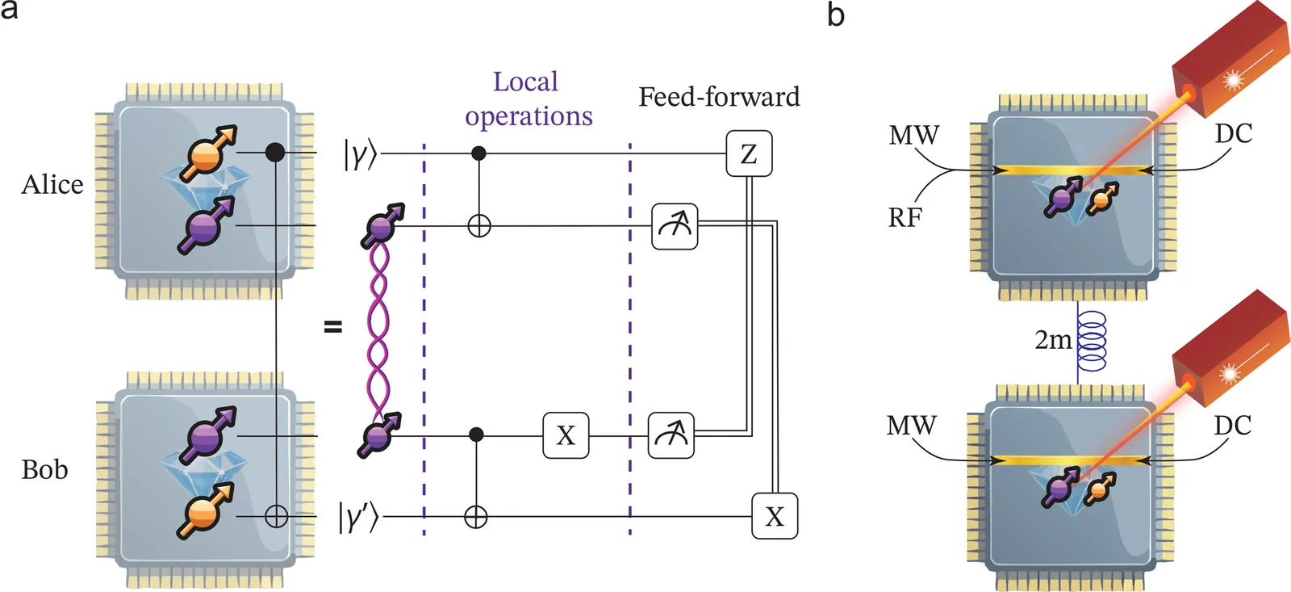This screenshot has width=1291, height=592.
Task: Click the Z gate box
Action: tap(749, 153)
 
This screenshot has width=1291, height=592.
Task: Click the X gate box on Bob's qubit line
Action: tap(566, 435)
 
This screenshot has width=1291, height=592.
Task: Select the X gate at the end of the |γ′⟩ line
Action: tap(775, 516)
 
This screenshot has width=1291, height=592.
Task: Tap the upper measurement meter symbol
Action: tap(675, 226)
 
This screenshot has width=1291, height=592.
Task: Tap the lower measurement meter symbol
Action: tap(671, 435)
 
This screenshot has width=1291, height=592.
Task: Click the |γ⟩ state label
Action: tap(360, 153)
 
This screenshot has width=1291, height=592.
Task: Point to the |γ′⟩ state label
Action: tap(358, 517)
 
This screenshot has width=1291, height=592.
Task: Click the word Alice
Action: tap(52, 185)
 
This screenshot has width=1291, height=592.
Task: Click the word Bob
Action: tap(44, 469)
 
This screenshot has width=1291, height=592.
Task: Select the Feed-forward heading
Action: tap(719, 97)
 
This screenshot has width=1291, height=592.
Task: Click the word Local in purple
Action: tap(525, 82)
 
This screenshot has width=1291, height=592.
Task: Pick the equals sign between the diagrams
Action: tap(332, 327)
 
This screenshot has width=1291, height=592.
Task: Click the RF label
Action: tap(905, 218)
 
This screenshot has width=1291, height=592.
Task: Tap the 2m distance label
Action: tap(1053, 340)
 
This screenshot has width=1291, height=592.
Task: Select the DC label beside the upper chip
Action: tap(1234, 133)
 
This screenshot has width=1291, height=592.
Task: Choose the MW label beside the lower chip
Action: tap(912, 425)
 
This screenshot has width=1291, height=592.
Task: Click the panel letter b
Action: tap(836, 15)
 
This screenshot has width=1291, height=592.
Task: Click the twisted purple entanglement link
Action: tap(378, 327)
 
